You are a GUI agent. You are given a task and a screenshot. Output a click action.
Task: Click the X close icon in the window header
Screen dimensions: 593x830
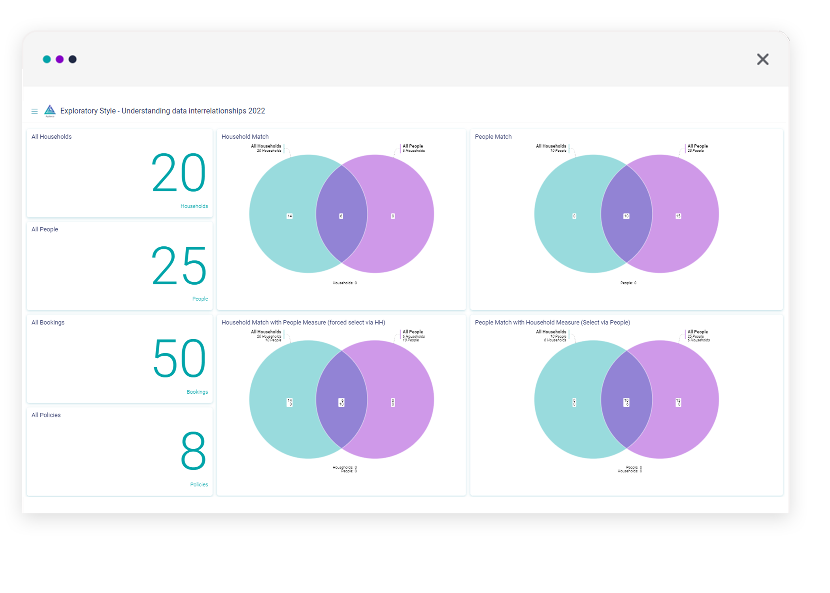[762, 59]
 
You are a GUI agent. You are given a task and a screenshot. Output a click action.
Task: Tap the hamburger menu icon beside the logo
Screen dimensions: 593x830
[34, 111]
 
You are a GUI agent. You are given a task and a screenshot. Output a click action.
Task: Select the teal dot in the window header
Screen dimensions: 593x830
[47, 59]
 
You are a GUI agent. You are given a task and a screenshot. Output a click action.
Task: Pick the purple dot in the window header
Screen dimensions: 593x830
[60, 59]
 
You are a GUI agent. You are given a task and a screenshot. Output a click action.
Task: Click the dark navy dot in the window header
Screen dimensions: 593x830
[73, 59]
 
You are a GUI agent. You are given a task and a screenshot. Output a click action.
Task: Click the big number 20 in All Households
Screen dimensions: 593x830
[179, 173]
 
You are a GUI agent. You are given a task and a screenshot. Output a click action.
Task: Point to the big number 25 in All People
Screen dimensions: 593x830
[179, 265]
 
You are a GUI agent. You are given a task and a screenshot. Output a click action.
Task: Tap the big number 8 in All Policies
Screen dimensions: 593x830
[193, 451]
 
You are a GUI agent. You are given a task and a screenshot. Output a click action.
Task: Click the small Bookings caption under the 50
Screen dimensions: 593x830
[197, 392]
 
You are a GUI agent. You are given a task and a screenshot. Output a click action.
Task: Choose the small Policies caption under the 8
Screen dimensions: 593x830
[199, 484]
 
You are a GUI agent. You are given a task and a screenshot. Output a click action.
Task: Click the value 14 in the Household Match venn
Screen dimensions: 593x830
[290, 216]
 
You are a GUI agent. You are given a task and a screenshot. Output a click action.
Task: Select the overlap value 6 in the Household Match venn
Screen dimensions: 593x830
[341, 216]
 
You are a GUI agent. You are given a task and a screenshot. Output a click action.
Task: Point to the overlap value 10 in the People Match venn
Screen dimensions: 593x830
[626, 216]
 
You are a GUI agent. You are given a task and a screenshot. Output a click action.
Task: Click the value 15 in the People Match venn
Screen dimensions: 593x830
[678, 216]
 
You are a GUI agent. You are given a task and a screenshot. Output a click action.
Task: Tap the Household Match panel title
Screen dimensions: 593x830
[245, 136]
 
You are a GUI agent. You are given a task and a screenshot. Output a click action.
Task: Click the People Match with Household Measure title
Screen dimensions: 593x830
[552, 322]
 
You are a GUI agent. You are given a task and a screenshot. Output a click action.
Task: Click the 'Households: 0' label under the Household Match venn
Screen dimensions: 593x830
[345, 283]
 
